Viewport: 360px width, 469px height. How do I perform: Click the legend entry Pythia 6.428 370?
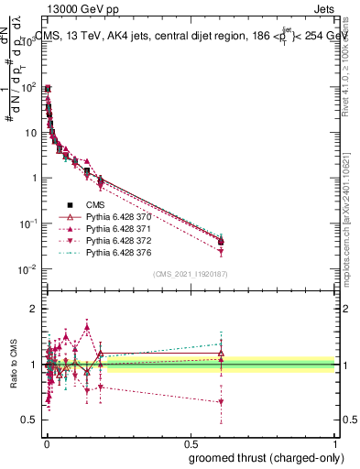(116, 216)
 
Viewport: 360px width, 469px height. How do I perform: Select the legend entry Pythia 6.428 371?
(116, 228)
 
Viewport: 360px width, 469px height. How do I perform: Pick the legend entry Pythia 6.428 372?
(116, 240)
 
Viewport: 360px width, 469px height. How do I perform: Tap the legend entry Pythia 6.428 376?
(116, 252)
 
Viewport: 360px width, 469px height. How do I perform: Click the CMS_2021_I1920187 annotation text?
(191, 274)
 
